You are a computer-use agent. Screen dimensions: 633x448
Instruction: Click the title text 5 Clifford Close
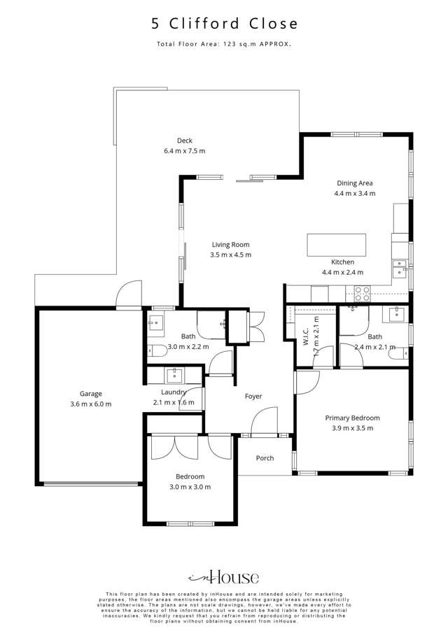224,24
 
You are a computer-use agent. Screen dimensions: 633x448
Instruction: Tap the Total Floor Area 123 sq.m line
224,44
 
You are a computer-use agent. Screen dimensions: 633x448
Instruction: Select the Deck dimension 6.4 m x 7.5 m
184,150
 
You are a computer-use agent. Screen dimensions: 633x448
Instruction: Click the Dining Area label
355,183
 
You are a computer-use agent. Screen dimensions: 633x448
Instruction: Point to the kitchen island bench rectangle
336,244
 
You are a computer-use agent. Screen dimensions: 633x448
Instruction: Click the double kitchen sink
399,268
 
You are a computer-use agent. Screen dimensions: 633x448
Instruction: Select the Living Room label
230,245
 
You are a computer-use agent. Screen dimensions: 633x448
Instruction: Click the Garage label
90,394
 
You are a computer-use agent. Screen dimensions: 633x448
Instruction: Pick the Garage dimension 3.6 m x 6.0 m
90,404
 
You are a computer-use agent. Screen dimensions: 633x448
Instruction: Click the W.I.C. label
306,341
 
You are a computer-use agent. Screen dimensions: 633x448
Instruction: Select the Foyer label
253,397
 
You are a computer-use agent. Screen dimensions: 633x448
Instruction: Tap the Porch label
265,459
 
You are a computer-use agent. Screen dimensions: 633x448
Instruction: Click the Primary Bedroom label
352,418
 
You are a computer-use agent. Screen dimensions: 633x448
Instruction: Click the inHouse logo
224,577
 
